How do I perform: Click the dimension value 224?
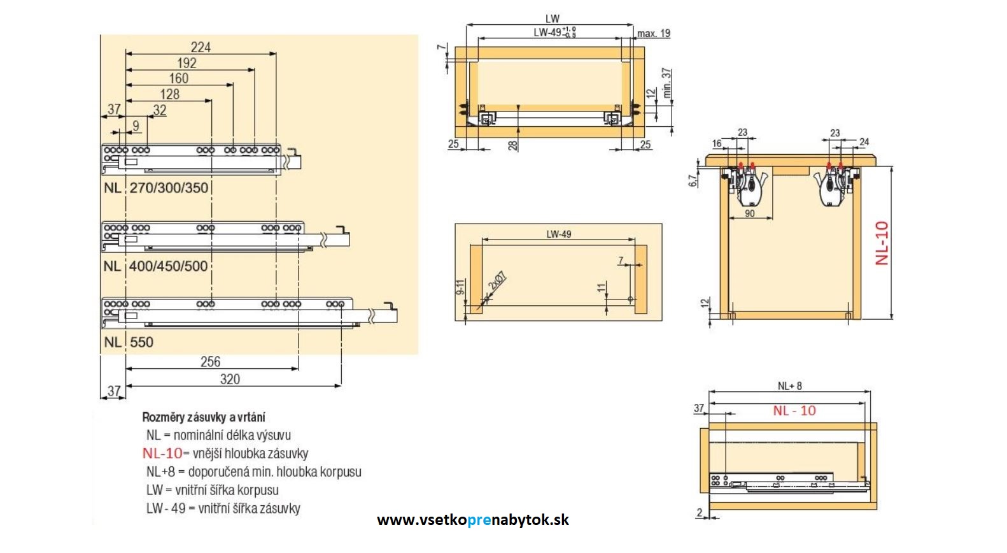pos(201,47)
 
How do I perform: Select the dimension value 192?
pos(187,63)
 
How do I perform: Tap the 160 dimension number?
pos(179,78)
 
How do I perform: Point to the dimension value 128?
pos(169,94)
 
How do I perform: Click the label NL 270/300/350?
pos(157,188)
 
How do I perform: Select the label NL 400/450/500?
pos(156,266)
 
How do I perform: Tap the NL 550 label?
pos(129,342)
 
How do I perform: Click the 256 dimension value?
pos(210,362)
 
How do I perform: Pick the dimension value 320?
pos(230,380)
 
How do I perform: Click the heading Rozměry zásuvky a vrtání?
pos(204,417)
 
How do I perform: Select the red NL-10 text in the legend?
pos(162,454)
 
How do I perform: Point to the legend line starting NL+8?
pos(253,472)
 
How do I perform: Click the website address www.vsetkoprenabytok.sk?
pos(473,520)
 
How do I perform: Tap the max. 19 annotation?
pos(654,34)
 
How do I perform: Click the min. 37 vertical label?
pos(666,83)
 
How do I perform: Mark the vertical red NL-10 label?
pos(882,243)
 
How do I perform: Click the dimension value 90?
pos(750,213)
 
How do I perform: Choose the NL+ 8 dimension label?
pos(789,386)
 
